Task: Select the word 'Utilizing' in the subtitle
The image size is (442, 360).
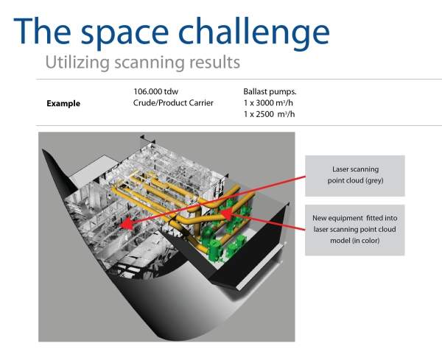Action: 77,63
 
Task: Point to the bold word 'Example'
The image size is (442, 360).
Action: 63,103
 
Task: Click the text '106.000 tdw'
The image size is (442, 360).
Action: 155,91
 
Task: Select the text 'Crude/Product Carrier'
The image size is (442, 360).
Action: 173,103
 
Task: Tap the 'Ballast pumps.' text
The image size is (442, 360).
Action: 270,91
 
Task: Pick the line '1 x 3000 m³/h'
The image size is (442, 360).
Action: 268,103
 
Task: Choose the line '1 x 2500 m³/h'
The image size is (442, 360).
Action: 269,114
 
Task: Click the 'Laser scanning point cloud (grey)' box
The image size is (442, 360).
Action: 355,176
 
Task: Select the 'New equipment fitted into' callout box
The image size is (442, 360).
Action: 355,230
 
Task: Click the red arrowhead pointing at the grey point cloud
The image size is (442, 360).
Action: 126,223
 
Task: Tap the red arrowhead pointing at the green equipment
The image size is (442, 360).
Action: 226,213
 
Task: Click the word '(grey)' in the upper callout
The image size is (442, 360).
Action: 374,180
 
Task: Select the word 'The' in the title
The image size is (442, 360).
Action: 42,30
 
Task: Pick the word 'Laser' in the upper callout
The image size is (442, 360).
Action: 341,169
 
